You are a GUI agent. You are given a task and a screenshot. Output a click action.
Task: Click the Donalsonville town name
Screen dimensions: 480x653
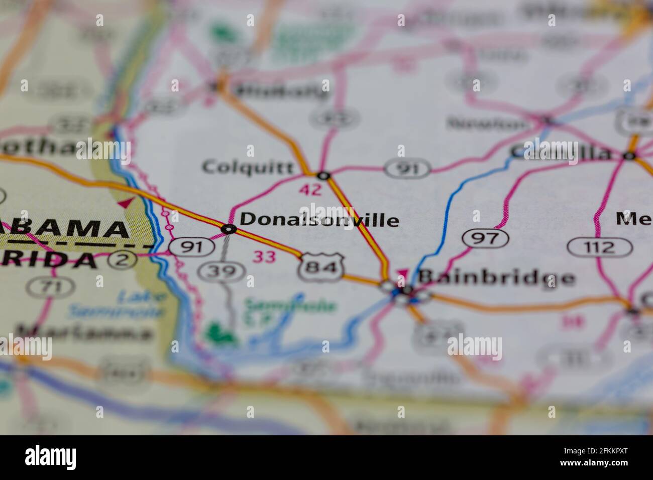tap(319, 219)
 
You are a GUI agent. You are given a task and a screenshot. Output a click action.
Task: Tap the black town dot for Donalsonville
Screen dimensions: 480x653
tap(229, 229)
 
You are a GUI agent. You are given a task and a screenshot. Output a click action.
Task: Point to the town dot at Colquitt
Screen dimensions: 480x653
tap(323, 176)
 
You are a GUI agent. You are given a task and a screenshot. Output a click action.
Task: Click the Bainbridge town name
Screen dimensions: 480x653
tap(496, 278)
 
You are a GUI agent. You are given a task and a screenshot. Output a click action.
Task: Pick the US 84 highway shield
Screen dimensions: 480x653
tap(321, 267)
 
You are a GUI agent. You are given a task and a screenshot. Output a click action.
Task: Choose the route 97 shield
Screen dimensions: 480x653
tap(486, 238)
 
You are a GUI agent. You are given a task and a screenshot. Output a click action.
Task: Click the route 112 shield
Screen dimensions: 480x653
tap(600, 247)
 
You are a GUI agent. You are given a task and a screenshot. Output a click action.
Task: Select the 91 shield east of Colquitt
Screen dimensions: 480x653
tap(408, 169)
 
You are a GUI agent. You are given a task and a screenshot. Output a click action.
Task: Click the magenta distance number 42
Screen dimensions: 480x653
tap(309, 190)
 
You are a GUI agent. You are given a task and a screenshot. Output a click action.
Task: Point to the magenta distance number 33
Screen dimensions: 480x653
tap(264, 257)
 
